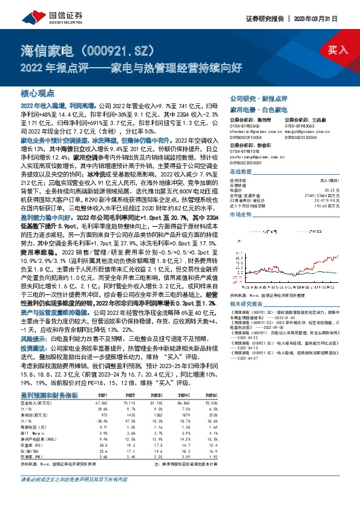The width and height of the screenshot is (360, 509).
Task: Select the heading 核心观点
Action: (38, 94)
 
